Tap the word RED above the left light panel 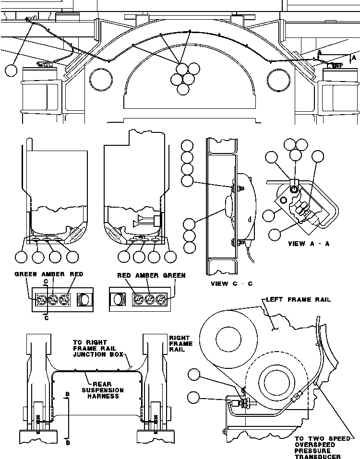[x=77, y=275]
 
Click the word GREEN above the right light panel [x=175, y=276]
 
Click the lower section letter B [x=68, y=443]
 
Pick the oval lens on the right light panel [x=118, y=300]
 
